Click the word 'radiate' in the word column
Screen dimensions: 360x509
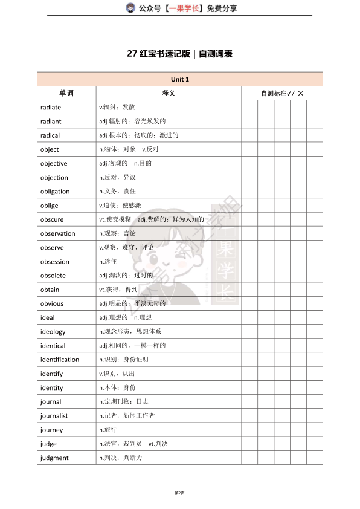tap(51, 108)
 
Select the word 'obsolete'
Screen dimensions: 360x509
tap(53, 276)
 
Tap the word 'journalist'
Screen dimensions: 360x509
tap(54, 416)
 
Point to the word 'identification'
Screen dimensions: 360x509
tap(60, 360)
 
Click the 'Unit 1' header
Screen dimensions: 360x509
tap(180, 80)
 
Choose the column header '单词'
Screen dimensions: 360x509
tap(66, 94)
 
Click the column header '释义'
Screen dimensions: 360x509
tap(169, 94)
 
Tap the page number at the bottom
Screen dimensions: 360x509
tap(179, 493)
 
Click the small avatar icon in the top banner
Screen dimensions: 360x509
tap(130, 8)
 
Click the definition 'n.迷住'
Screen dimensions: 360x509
tap(108, 262)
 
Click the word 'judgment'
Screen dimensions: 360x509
tap(54, 458)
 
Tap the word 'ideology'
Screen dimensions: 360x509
tap(53, 332)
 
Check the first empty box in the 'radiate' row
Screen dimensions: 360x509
tap(249, 108)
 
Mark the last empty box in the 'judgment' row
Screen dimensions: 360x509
tap(315, 458)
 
